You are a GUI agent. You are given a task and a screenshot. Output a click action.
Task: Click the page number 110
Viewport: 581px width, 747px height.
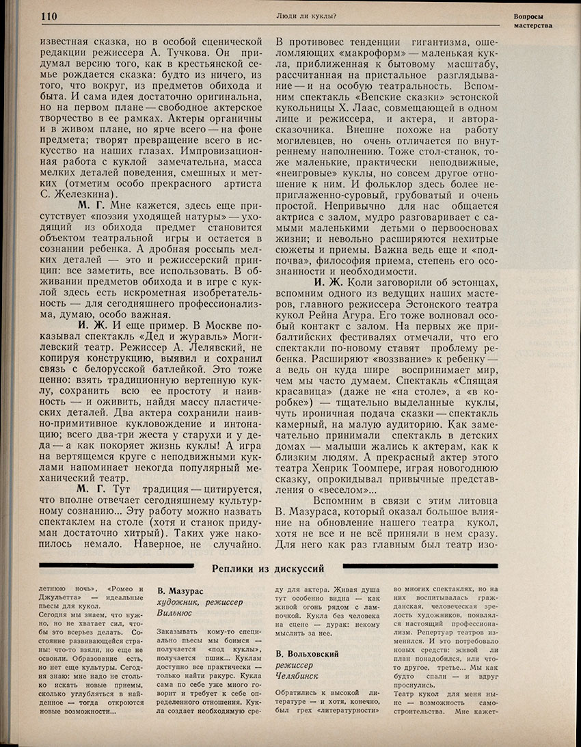[x=49, y=16]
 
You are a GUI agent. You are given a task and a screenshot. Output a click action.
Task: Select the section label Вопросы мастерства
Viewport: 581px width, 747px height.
[x=532, y=20]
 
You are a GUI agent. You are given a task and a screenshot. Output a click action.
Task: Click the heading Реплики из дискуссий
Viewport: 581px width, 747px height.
[x=267, y=567]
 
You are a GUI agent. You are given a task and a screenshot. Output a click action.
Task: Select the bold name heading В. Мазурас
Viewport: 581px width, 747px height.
[x=180, y=590]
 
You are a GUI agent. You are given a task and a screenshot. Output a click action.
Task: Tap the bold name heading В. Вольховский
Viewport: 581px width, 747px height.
[x=306, y=655]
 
